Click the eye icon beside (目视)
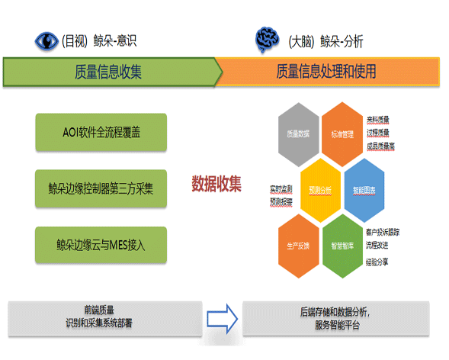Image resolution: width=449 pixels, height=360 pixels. pos(47,41)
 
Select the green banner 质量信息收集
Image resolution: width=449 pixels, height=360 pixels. pos(109,72)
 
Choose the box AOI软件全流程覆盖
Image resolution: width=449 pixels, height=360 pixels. pos(101,132)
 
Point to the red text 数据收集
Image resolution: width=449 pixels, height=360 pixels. pos(216,183)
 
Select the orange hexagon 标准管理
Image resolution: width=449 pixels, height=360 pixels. pos(342,133)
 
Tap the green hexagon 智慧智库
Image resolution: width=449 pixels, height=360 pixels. pos(342,246)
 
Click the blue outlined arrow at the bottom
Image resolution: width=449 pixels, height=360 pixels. pos(223,317)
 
